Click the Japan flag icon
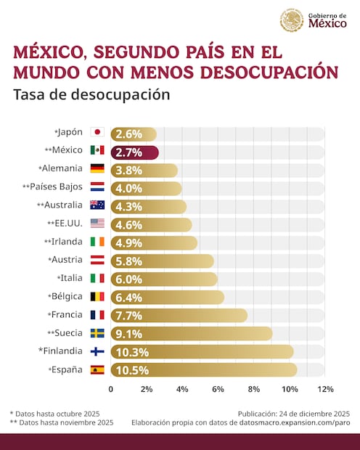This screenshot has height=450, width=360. [x=97, y=133]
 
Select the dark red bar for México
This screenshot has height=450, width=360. [x=134, y=152]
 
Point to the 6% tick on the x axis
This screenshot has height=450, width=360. [x=218, y=389]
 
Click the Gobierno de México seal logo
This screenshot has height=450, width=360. [x=292, y=20]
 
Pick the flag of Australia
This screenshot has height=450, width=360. [x=97, y=205]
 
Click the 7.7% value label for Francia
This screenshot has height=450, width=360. [x=128, y=316]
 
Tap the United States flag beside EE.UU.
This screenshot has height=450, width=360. [x=97, y=224]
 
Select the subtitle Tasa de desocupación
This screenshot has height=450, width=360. [x=91, y=95]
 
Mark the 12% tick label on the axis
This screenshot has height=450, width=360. [x=325, y=389]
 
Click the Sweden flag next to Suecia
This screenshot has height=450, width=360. [x=97, y=333]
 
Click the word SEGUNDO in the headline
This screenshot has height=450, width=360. [x=131, y=52]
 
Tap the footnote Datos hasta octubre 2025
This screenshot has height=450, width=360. [x=57, y=413]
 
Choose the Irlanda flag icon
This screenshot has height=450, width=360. [x=97, y=242]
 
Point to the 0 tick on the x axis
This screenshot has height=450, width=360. [x=111, y=389]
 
